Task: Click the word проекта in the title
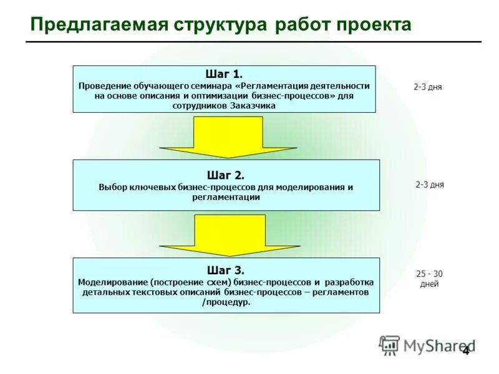point(374,25)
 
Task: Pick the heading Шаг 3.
point(225,270)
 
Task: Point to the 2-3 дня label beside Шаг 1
point(427,87)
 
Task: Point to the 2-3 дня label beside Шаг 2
point(430,185)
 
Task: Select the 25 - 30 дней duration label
point(429,279)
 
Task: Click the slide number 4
point(465,350)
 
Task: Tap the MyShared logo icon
point(389,345)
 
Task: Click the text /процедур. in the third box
point(226,302)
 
